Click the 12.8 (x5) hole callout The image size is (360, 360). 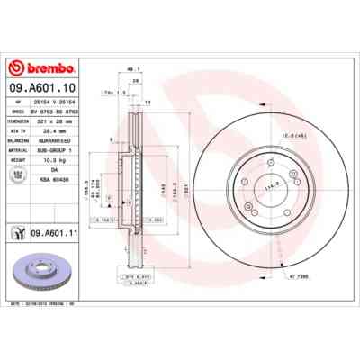pyautogui.click(x=286, y=136)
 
